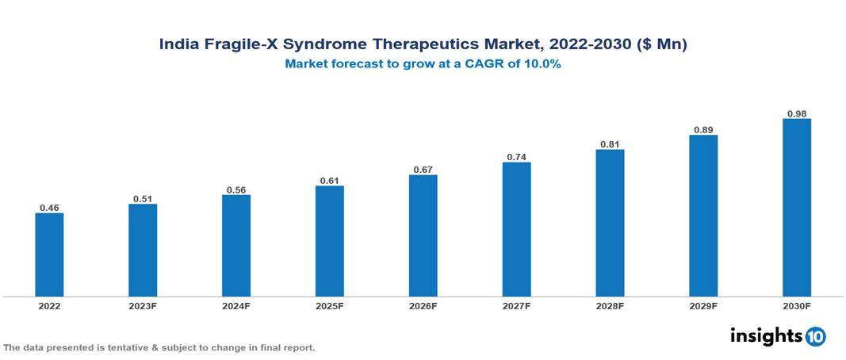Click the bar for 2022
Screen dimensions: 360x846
[49, 255]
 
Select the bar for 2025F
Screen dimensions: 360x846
[329, 241]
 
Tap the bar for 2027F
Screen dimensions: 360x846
[516, 229]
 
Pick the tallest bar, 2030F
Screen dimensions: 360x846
[796, 208]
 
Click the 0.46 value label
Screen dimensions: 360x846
[49, 208]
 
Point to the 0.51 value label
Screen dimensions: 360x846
[143, 199]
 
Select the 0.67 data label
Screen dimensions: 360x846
[423, 170]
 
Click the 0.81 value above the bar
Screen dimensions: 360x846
[610, 144]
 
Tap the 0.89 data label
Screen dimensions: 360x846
[703, 130]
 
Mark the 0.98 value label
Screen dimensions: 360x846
[796, 113]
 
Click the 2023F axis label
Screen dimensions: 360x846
[143, 305]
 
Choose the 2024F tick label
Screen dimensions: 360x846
[236, 305]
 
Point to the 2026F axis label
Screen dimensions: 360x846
[423, 305]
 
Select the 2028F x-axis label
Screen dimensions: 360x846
[610, 305]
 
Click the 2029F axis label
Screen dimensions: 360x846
[703, 305]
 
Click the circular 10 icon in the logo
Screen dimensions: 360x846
[815, 336]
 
